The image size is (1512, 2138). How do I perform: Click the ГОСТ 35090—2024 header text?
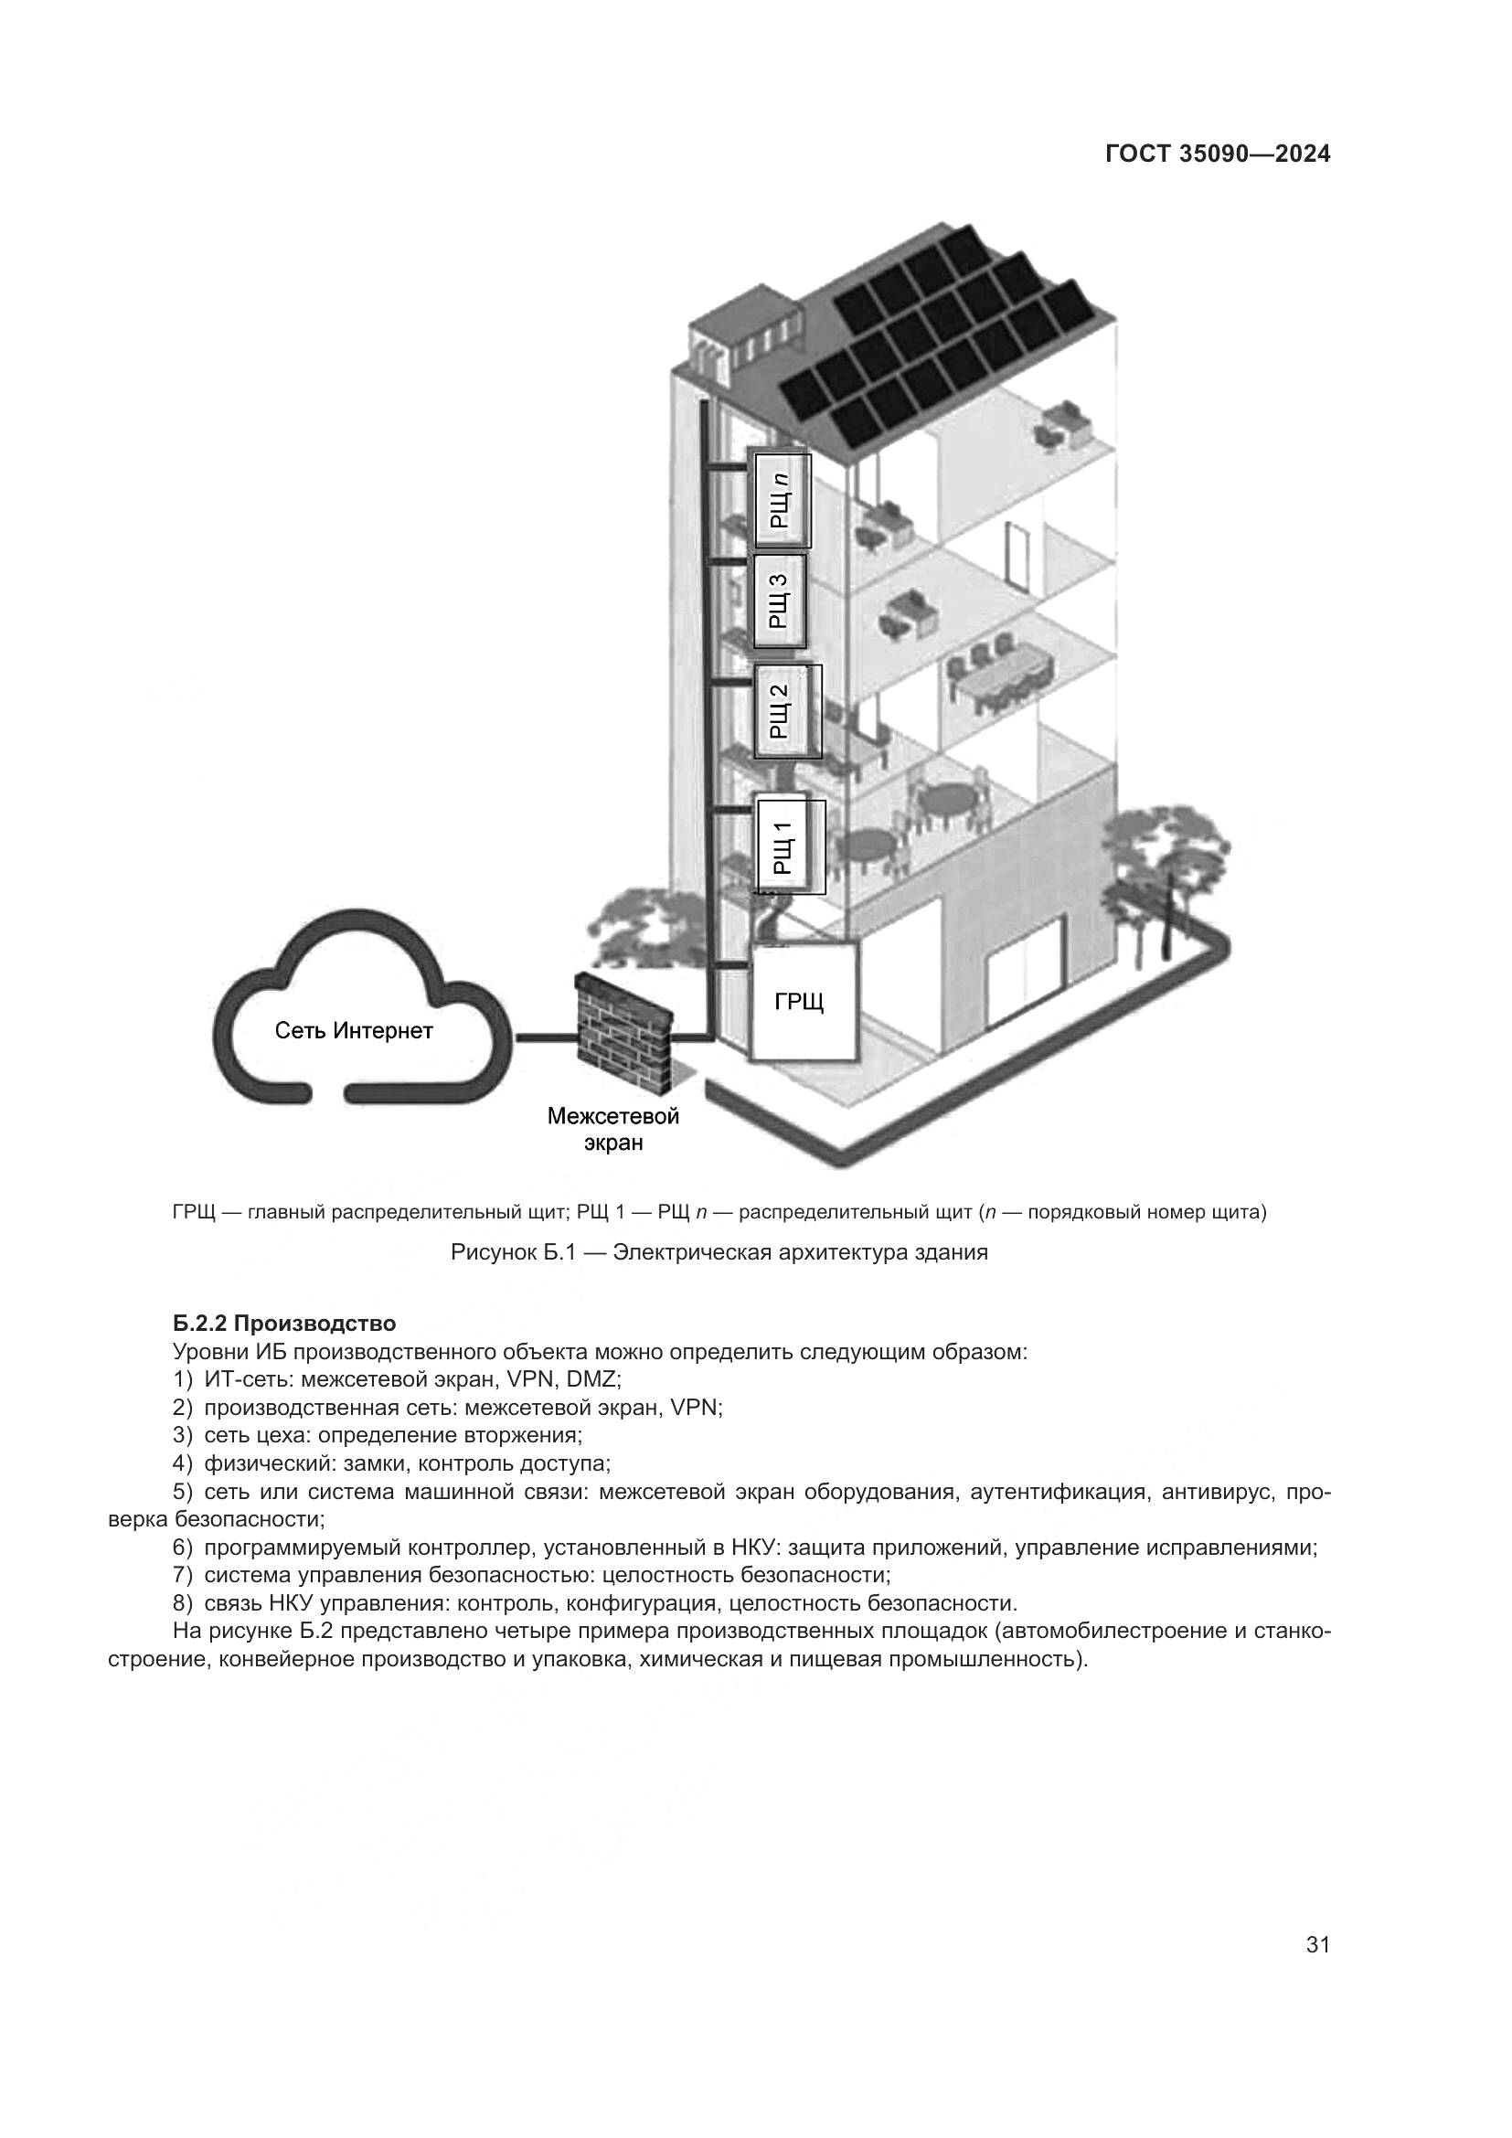coord(1217,154)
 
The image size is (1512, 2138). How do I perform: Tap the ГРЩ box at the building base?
coord(803,1002)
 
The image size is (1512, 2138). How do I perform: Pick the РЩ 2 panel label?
coord(780,711)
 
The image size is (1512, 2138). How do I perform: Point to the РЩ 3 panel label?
coord(779,601)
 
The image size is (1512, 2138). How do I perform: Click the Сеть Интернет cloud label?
coord(354,1032)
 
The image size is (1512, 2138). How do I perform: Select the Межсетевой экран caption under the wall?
coord(612,1129)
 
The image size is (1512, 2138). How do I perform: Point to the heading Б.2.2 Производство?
coord(284,1324)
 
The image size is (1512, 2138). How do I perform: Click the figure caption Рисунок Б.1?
coord(719,1252)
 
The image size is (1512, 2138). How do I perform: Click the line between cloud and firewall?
coord(547,1036)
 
